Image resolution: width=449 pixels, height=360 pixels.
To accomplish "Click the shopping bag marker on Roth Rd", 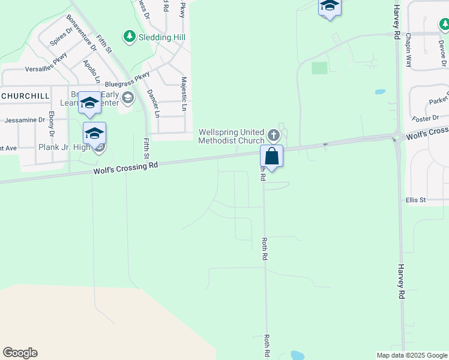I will pos(271,156).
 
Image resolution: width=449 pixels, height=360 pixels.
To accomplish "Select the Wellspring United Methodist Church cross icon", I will pos(274,134).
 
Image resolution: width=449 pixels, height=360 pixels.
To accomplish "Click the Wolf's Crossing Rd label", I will pos(127,167).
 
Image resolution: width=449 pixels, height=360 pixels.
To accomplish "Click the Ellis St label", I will pos(415,200).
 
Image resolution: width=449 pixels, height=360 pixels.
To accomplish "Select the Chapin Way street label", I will pos(409,50).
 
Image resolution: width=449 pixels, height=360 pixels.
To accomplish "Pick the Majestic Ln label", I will pos(184,93).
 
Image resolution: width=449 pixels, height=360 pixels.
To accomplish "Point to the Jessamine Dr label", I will pos(25,120).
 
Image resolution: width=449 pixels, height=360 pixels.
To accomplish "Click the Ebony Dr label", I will pos(52,123).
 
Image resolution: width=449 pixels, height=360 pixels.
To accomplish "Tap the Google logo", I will pos(20,353).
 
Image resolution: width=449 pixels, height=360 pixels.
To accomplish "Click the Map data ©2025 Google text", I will pos(411,355).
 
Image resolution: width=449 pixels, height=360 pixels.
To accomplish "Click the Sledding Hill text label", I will pos(163,37).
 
